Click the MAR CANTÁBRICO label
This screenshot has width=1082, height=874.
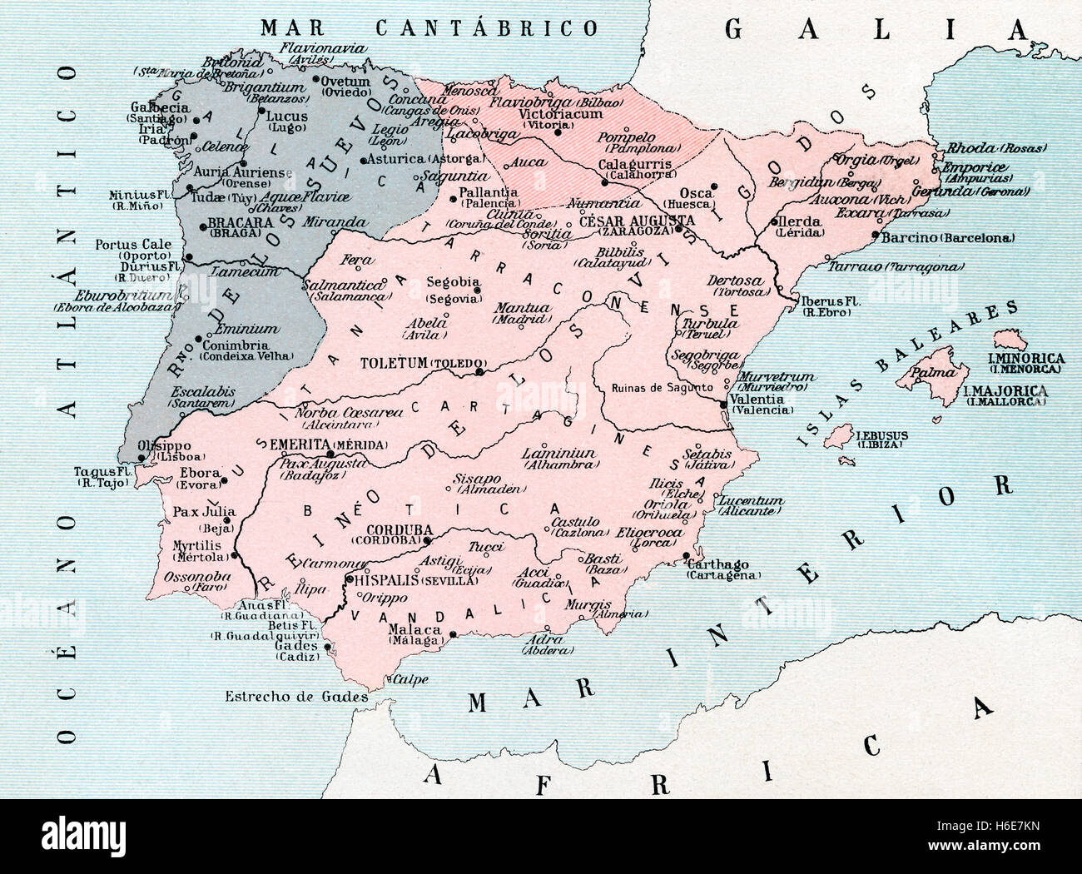tap(429, 27)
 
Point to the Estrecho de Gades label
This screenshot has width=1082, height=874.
tap(296, 696)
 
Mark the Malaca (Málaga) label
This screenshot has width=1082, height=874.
tap(414, 634)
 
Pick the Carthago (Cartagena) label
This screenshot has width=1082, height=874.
tap(724, 569)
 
